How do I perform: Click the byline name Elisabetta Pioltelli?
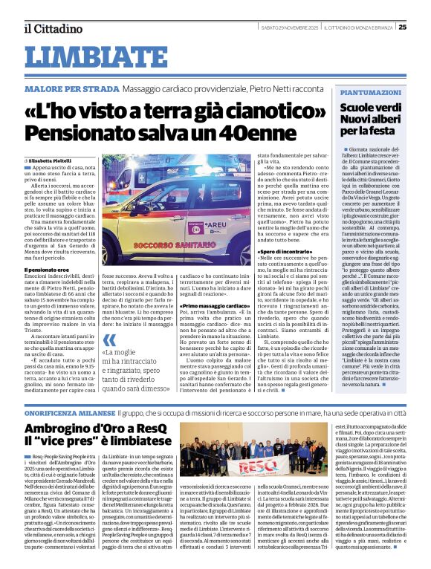(54, 160)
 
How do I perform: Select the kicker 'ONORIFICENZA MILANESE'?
(71, 410)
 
